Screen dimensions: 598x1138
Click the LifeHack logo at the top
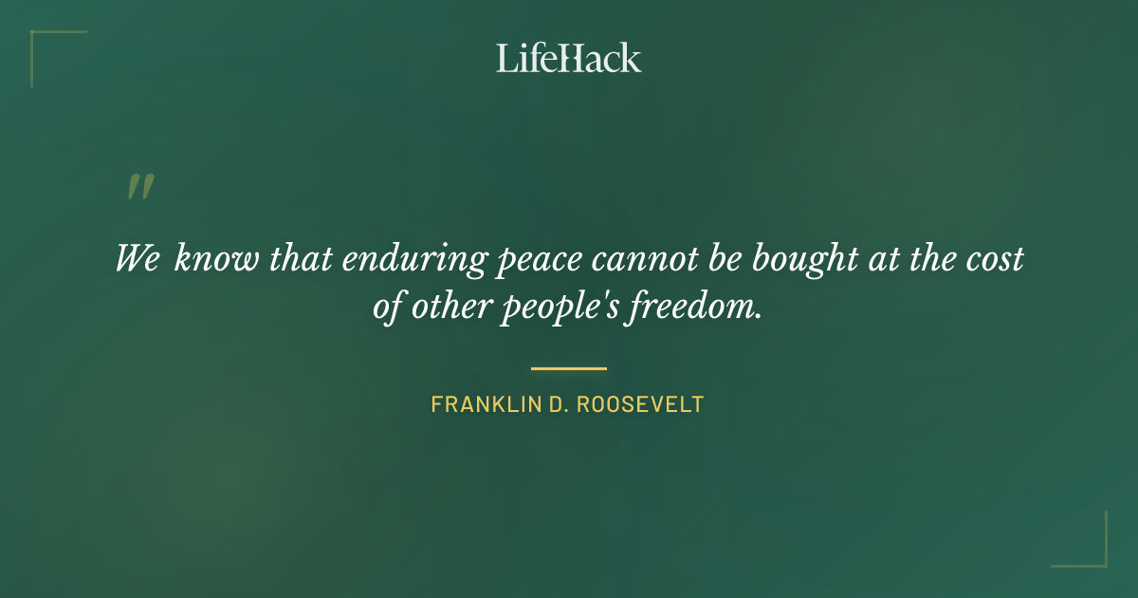pos(569,58)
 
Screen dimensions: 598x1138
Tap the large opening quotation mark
pos(139,187)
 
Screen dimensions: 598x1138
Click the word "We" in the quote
pos(138,258)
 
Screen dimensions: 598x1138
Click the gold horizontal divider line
pos(569,368)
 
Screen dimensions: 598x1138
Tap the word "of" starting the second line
pos(390,310)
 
